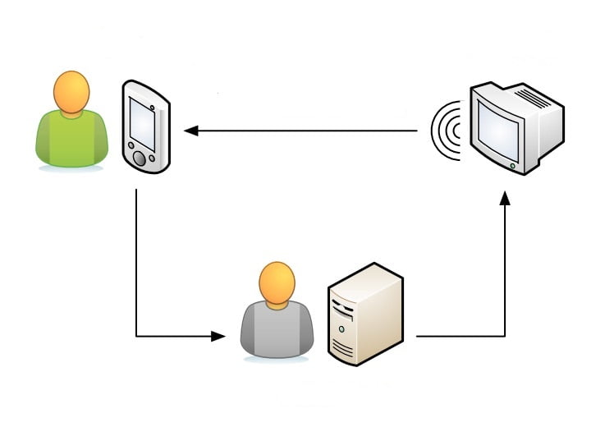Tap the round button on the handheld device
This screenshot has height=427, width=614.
click(x=140, y=158)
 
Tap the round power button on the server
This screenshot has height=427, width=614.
click(x=342, y=328)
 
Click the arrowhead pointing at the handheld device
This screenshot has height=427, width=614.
click(x=190, y=131)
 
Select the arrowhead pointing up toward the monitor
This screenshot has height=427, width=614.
click(x=505, y=199)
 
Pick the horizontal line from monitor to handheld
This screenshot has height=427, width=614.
click(x=304, y=131)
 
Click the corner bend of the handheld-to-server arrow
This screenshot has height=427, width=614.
click(x=136, y=336)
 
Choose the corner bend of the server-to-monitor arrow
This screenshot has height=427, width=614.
click(x=505, y=336)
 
